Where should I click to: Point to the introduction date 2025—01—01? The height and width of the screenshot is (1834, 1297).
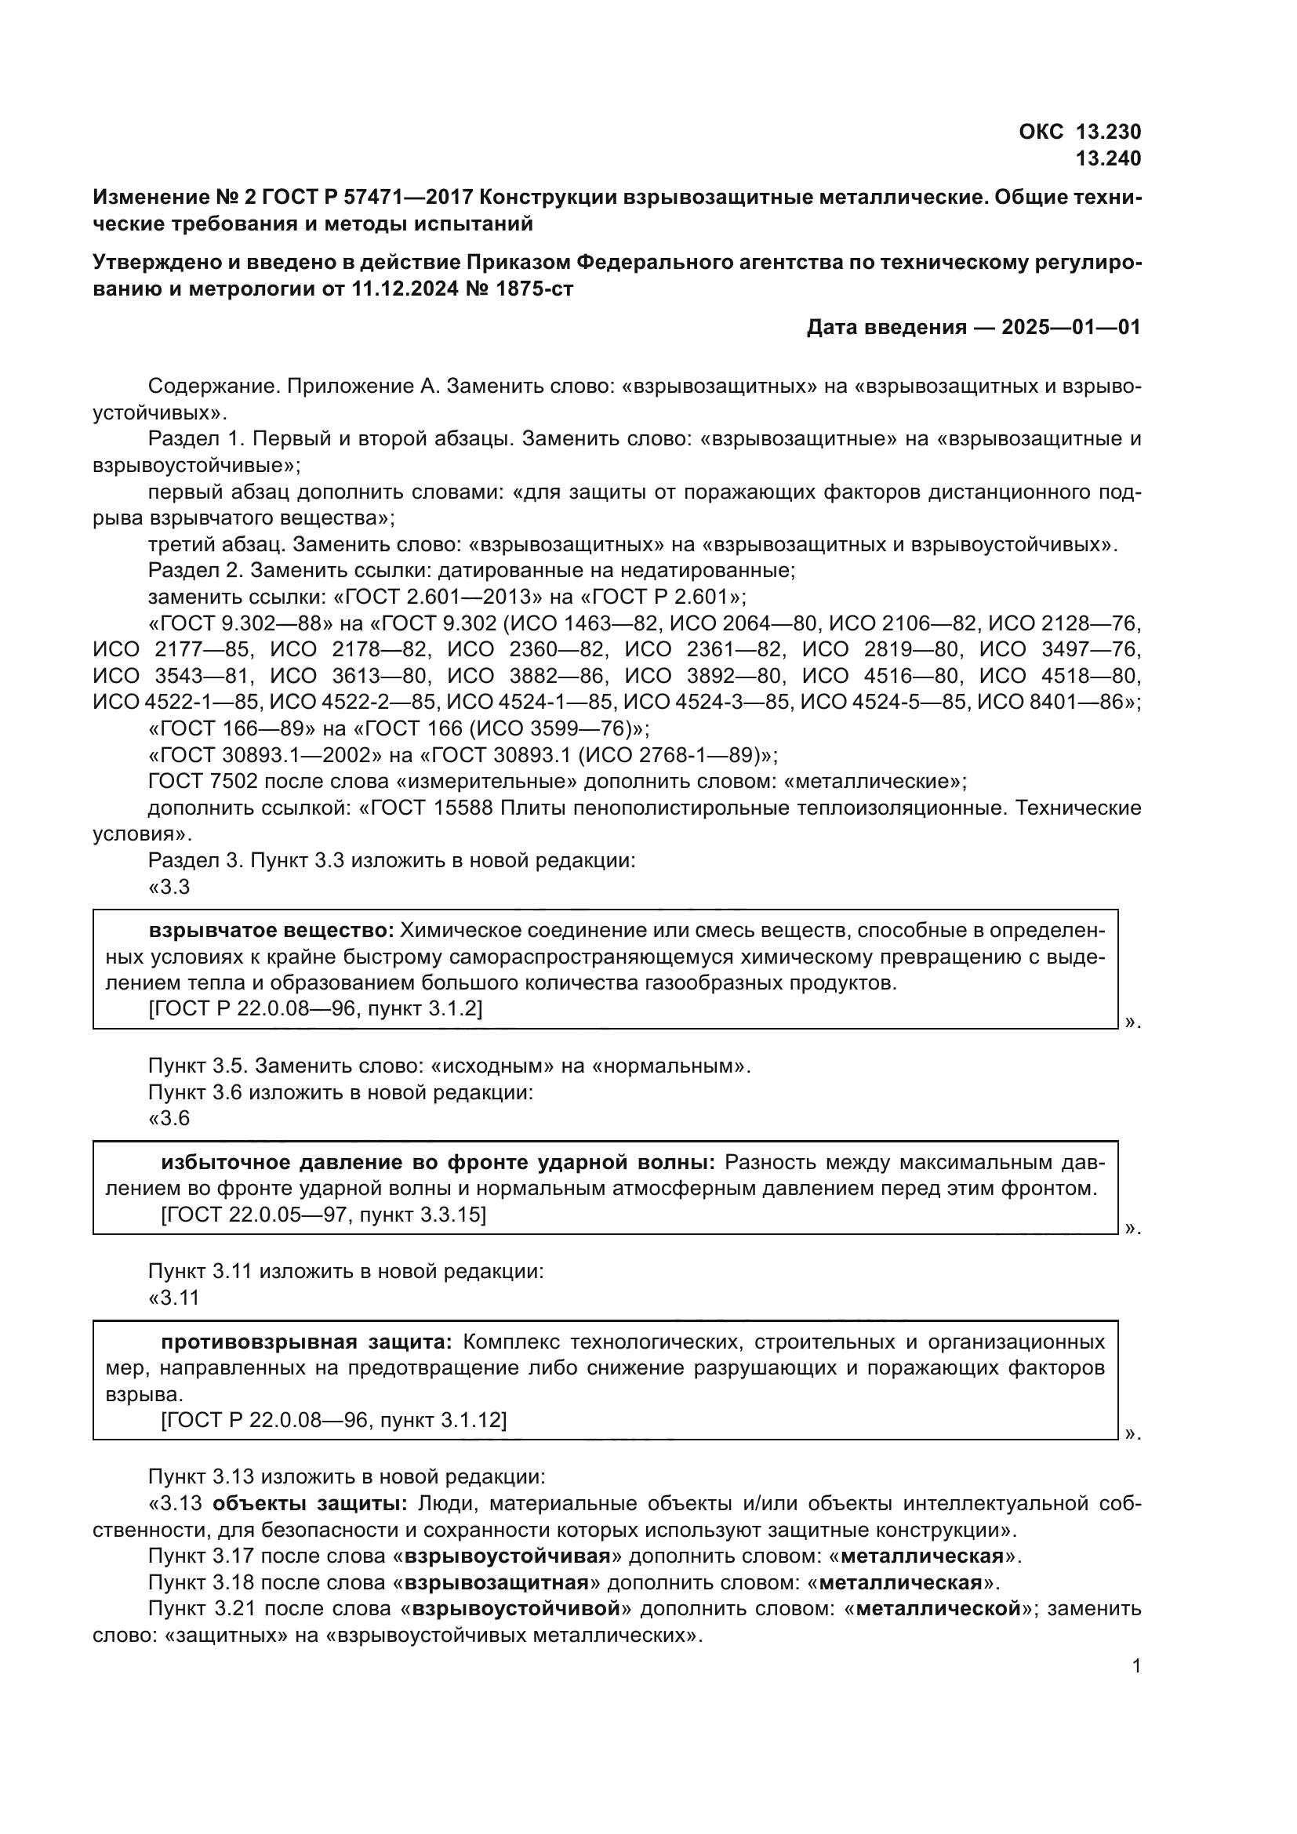(1071, 328)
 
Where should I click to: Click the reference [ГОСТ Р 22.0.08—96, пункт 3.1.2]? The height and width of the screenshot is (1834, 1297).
(315, 1009)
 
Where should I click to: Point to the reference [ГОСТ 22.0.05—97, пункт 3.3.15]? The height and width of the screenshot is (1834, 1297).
(323, 1215)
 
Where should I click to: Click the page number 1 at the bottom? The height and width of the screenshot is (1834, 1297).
(1136, 1666)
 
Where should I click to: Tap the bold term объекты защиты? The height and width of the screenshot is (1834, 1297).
(310, 1504)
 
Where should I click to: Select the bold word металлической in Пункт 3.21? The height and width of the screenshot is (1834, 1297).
(939, 1609)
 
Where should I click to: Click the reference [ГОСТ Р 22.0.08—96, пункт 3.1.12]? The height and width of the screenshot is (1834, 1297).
(333, 1420)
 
